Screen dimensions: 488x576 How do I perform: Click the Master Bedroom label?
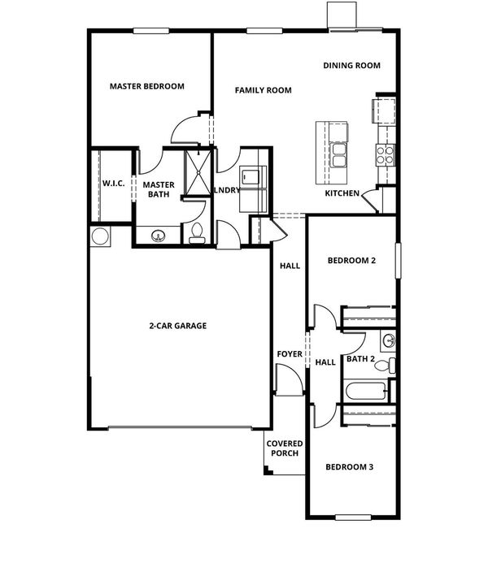click(147, 86)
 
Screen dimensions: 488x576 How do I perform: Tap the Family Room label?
click(264, 90)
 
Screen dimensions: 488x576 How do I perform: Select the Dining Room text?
click(352, 65)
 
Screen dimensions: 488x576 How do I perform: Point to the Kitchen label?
click(342, 193)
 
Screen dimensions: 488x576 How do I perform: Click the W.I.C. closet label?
click(114, 184)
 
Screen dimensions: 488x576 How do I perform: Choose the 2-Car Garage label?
click(178, 326)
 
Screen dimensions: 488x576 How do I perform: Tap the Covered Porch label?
click(285, 448)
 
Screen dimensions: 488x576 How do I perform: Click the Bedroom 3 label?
click(350, 467)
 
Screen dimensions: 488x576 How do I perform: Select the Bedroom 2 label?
click(351, 261)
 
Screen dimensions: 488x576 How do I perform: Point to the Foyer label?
click(290, 353)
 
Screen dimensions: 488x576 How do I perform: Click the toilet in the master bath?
click(197, 233)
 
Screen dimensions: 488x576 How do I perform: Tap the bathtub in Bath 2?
click(366, 392)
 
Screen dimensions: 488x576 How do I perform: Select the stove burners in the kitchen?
click(385, 154)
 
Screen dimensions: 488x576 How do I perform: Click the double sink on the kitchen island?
click(338, 155)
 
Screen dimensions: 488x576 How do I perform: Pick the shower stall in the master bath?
click(198, 172)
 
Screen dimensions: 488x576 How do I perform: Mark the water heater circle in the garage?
click(100, 236)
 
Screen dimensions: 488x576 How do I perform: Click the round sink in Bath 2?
click(388, 340)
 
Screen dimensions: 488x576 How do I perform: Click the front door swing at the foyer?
click(290, 379)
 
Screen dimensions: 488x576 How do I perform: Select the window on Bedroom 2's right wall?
click(399, 261)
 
